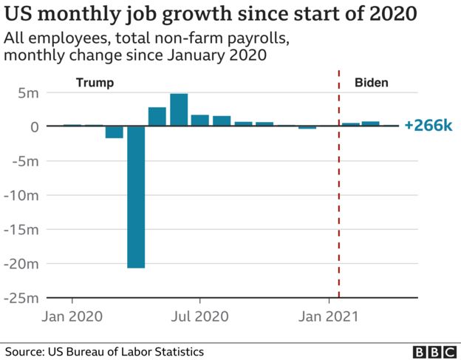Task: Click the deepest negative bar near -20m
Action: click(x=136, y=197)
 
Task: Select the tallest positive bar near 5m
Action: click(x=179, y=110)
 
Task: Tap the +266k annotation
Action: click(x=428, y=126)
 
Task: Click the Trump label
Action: click(x=95, y=83)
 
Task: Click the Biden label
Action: click(x=370, y=83)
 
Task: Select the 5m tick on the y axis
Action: click(x=28, y=93)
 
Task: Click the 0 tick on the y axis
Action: click(x=34, y=127)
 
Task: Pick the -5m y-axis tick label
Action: click(x=25, y=161)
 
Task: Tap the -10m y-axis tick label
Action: click(x=22, y=195)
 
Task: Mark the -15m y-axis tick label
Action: click(x=22, y=229)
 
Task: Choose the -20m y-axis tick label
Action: click(x=22, y=263)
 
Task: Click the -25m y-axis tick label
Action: click(x=22, y=298)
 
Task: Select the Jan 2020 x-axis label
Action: click(x=72, y=316)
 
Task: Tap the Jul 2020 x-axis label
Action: click(x=199, y=316)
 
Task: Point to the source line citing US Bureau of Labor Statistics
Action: click(x=104, y=352)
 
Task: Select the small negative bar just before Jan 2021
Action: click(x=307, y=129)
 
